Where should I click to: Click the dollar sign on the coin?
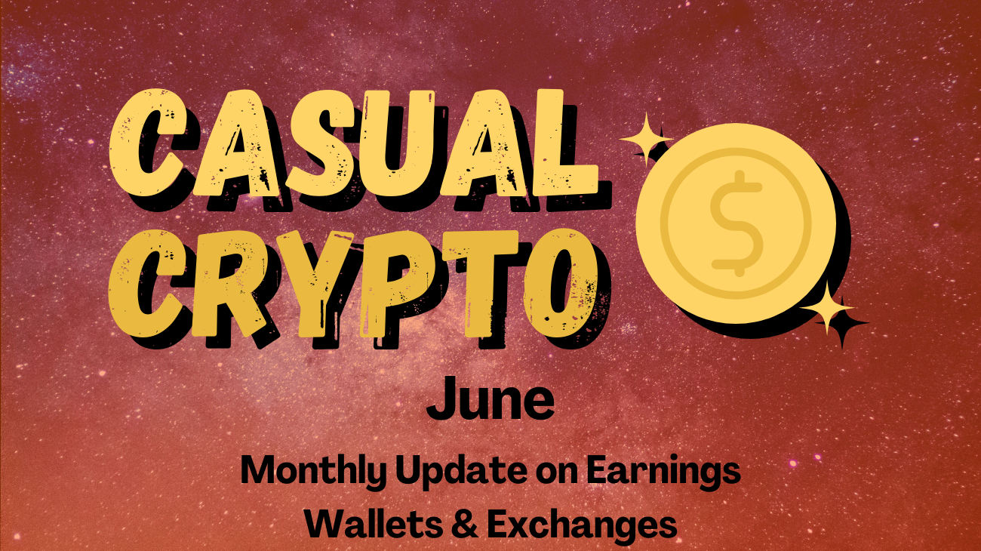coord(737,223)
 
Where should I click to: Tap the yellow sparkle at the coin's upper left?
coord(645,139)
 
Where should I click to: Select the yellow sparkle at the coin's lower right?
coord(827,309)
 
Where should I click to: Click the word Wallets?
coord(374,524)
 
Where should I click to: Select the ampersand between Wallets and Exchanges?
coord(465,525)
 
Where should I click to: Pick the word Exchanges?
coord(582,525)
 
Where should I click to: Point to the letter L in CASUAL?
coord(565,143)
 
